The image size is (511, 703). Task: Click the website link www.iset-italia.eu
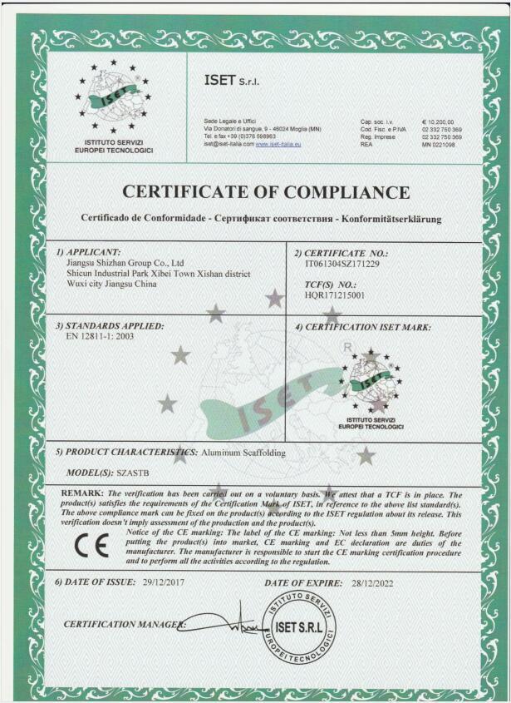tap(278, 145)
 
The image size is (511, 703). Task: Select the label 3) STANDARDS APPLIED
tap(109, 325)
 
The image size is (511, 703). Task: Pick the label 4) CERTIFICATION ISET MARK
tap(362, 327)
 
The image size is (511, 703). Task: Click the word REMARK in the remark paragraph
tap(82, 494)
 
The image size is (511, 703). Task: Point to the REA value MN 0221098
tap(438, 145)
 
